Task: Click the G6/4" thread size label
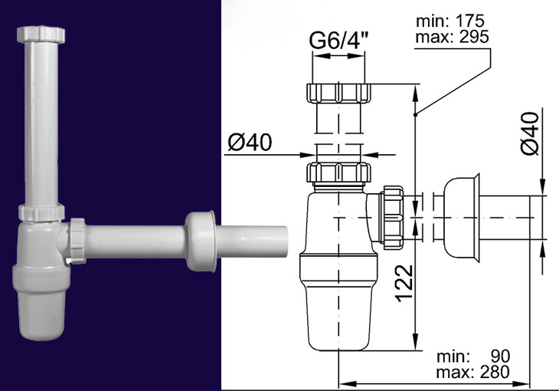pyautogui.click(x=338, y=41)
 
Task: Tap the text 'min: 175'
pyautogui.click(x=450, y=21)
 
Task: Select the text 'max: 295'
pyautogui.click(x=452, y=37)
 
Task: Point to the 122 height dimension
pyautogui.click(x=405, y=283)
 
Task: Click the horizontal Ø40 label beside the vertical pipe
pyautogui.click(x=250, y=142)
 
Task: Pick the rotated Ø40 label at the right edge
pyautogui.click(x=530, y=133)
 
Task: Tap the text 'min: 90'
pyautogui.click(x=473, y=356)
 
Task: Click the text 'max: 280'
pyautogui.click(x=472, y=372)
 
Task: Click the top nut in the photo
pyautogui.click(x=41, y=34)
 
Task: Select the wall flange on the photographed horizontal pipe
pyautogui.click(x=201, y=241)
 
